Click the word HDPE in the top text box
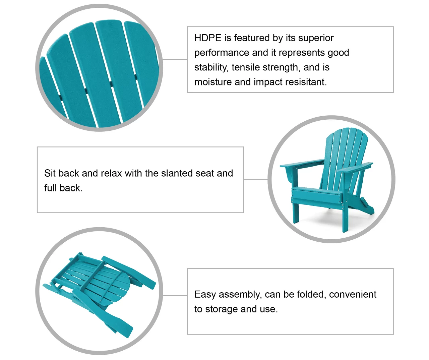[208, 38]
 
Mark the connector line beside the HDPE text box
[175, 60]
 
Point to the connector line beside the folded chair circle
[175, 296]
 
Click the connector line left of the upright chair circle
[256, 179]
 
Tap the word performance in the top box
[222, 53]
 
